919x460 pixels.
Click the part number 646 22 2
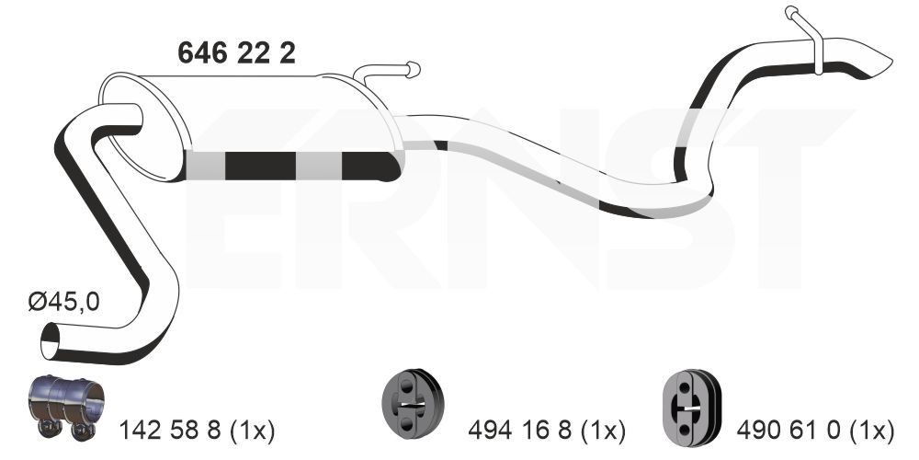(235, 53)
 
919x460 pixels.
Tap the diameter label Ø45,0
(63, 303)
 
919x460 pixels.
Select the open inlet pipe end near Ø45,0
(50, 347)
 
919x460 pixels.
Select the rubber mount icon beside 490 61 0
(690, 403)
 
